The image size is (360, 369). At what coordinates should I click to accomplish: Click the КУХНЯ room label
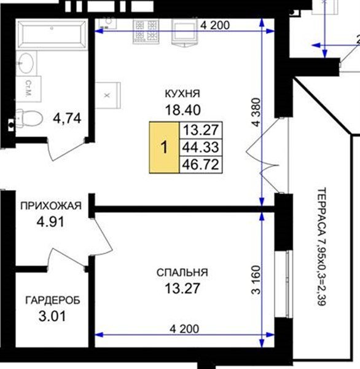(182, 93)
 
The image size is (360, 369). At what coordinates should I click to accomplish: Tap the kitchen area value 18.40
(183, 110)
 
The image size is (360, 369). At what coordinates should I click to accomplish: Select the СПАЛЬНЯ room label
(182, 272)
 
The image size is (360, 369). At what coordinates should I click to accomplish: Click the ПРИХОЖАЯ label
(51, 205)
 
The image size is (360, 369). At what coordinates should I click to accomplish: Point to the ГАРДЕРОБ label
(53, 300)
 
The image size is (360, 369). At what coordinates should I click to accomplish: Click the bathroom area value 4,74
(67, 118)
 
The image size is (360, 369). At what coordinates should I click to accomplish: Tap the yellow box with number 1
(165, 148)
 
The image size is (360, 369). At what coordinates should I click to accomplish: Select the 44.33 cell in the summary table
(201, 148)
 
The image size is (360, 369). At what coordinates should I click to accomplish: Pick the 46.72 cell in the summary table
(201, 164)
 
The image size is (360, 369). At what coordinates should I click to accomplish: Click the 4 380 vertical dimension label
(257, 113)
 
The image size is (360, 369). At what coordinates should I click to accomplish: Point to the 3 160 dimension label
(257, 280)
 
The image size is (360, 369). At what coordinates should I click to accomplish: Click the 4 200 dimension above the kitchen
(214, 25)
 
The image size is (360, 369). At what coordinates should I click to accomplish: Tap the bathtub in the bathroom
(52, 34)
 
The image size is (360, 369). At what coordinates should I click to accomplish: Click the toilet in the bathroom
(29, 117)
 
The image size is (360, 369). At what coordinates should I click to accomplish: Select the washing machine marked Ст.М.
(29, 89)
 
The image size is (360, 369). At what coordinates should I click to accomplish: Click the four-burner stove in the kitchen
(146, 32)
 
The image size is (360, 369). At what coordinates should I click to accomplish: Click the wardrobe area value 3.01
(52, 316)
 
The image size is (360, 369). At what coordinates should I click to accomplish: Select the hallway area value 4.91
(50, 221)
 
